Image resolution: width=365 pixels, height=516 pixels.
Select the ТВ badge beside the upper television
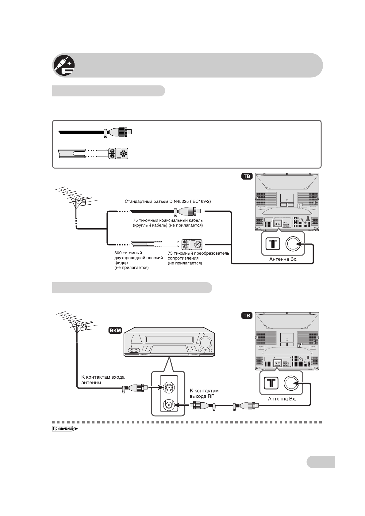247,176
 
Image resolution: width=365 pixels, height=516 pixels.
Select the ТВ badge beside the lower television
247,316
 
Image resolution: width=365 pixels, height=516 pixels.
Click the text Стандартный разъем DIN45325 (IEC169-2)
168,202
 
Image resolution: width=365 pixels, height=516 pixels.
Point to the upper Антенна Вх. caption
283,259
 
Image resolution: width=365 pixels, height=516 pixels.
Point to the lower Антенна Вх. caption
282,399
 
